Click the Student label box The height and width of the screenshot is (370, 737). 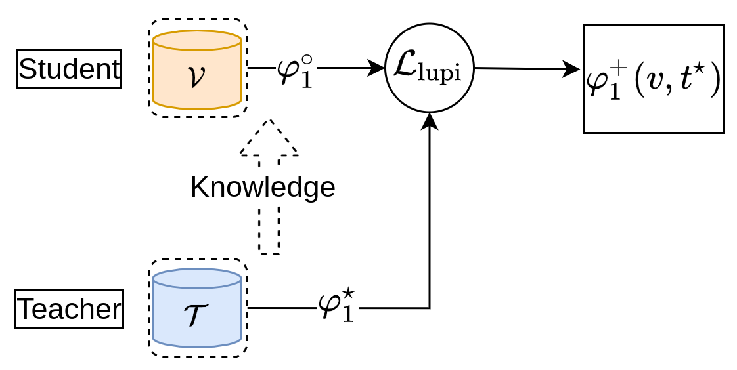69,69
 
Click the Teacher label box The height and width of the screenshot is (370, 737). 69,309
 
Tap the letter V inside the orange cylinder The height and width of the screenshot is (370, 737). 196,76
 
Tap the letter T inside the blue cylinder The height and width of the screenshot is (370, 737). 196,316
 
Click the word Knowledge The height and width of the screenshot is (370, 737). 263,188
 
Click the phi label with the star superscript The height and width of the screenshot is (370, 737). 336,307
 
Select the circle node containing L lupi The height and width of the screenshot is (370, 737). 430,68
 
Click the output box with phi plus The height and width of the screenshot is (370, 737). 654,79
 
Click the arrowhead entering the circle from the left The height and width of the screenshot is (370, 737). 377,68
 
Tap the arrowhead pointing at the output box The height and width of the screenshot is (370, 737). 572,69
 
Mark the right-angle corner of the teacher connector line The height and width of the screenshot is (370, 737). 430,308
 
